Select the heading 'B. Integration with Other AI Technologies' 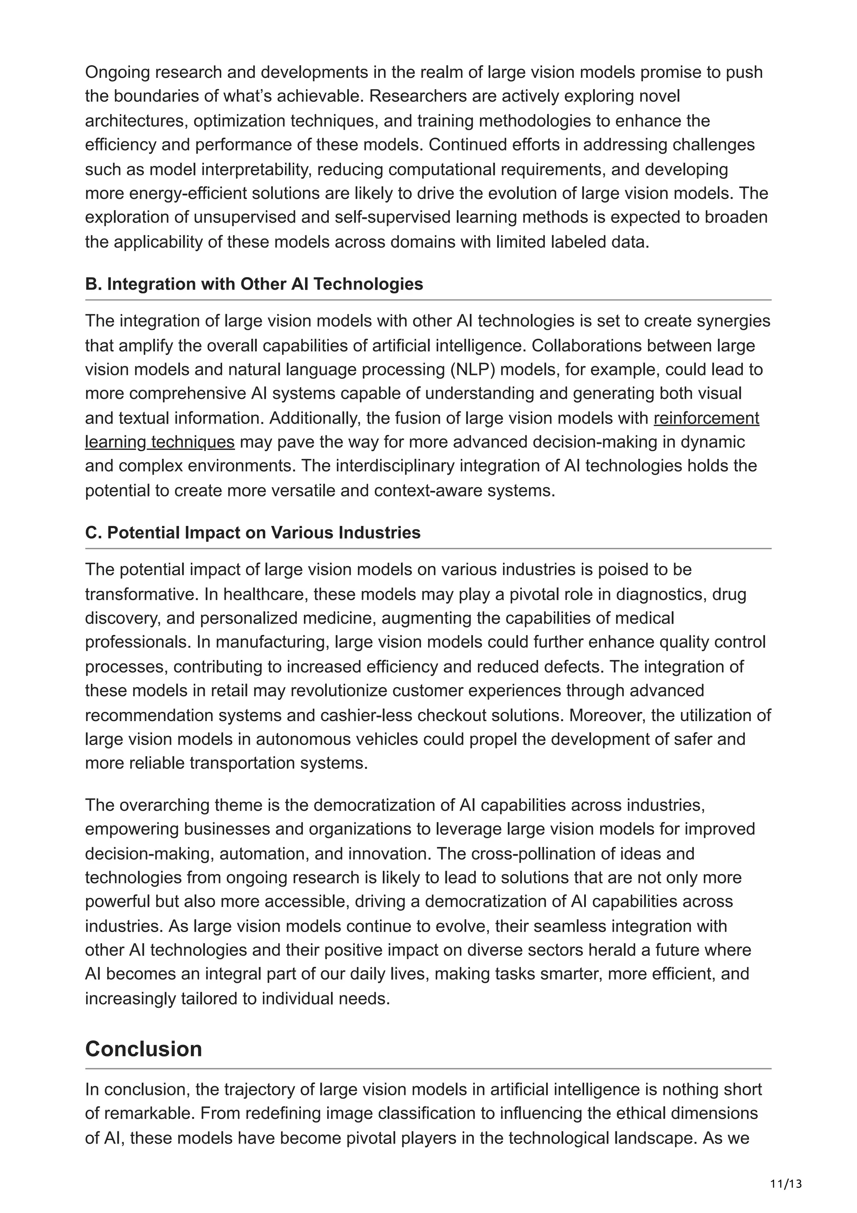[x=254, y=284]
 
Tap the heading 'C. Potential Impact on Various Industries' [x=252, y=532]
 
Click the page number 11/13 [x=786, y=1169]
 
